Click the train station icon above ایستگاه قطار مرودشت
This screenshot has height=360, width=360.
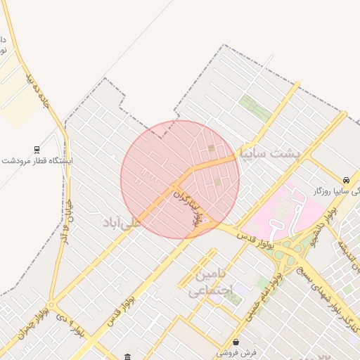point(37,149)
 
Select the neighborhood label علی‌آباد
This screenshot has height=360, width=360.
point(122,223)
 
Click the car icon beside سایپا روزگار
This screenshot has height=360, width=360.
point(347,180)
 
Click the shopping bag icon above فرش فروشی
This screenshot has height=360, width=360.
point(235,342)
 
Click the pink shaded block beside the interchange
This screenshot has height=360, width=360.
point(288,208)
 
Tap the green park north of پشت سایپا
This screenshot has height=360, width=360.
point(255,108)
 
